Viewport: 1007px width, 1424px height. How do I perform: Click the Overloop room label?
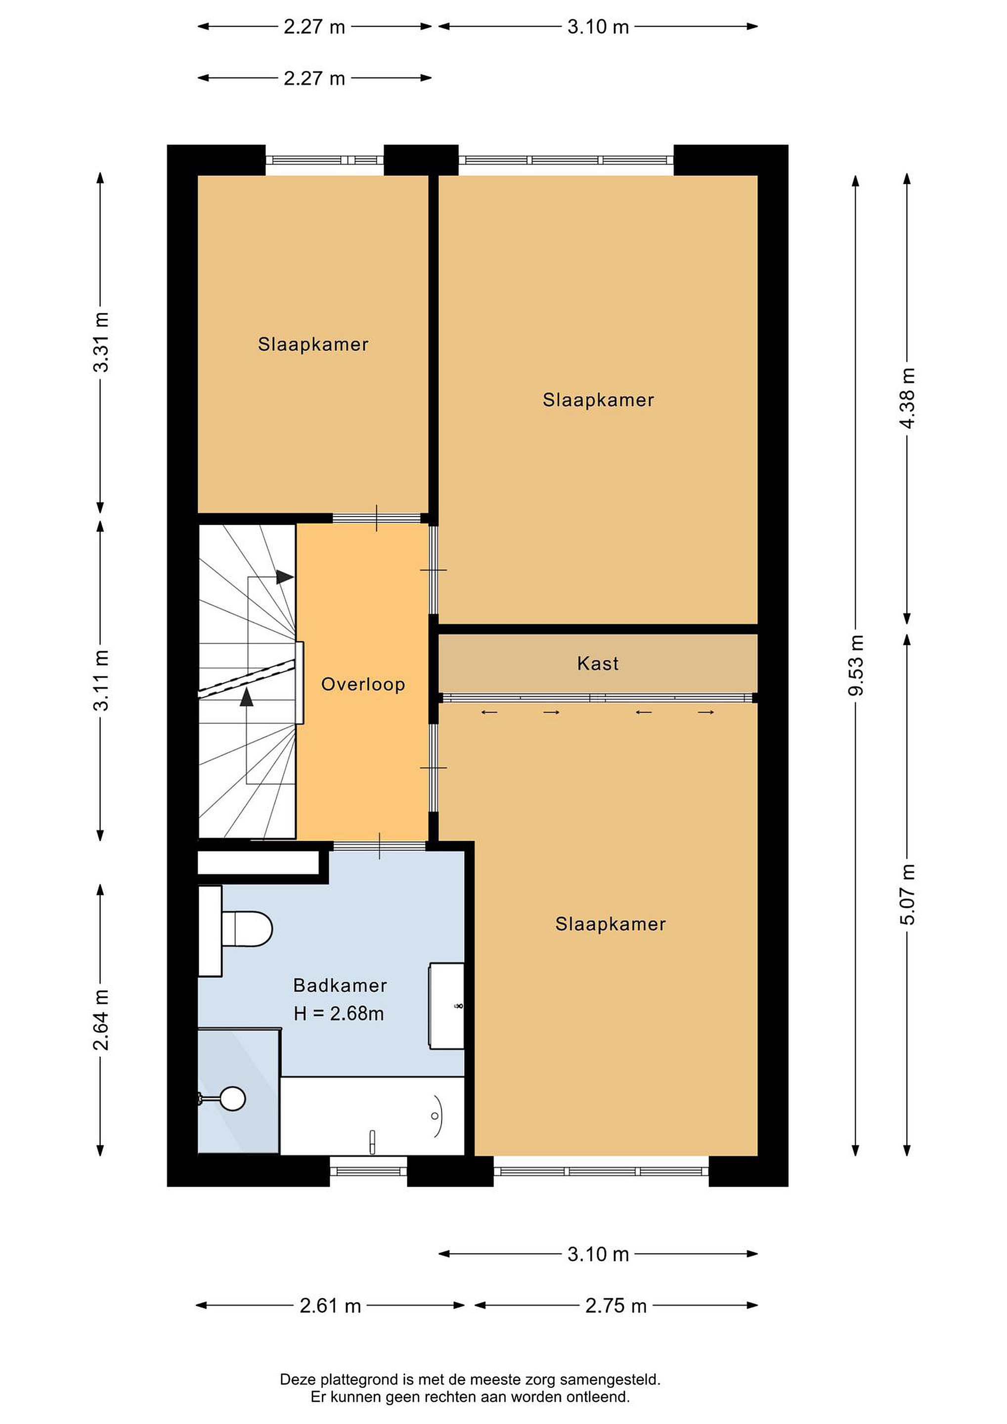click(x=363, y=684)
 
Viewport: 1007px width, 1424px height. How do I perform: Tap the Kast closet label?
click(x=598, y=664)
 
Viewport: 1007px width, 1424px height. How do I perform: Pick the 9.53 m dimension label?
click(x=856, y=665)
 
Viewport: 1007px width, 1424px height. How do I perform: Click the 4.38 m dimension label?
click(x=907, y=398)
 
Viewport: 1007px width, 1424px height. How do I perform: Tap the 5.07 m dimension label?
click(x=907, y=894)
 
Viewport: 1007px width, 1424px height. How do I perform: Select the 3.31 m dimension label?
click(x=100, y=342)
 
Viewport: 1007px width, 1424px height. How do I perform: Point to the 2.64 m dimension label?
click(x=100, y=1020)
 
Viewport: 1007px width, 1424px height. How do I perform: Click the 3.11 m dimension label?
click(x=100, y=680)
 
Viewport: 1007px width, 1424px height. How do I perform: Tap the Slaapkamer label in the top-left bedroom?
click(x=313, y=344)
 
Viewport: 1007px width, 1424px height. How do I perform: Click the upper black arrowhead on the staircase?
click(x=285, y=577)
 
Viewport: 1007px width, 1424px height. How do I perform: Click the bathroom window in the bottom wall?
click(x=368, y=1170)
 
